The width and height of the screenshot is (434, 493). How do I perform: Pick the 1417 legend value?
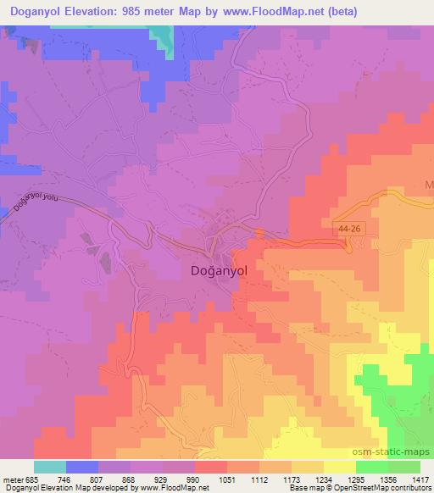tap(419, 479)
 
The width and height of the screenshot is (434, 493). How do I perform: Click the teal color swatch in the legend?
tap(50, 467)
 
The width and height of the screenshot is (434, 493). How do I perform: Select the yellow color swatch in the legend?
tap(340, 467)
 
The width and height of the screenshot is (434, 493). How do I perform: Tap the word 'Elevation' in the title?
tap(93, 12)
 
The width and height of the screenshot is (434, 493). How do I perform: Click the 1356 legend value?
tap(387, 479)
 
